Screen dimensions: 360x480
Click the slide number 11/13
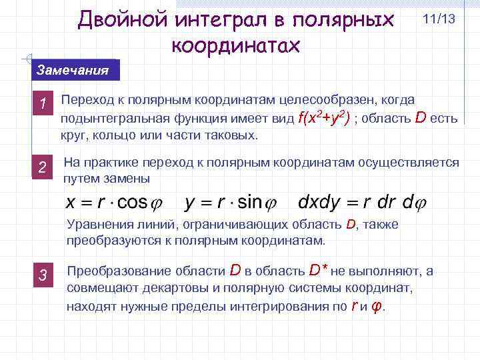[439, 19]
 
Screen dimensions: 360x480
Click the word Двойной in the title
[123, 19]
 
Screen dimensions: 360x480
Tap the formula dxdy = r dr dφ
[363, 202]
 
